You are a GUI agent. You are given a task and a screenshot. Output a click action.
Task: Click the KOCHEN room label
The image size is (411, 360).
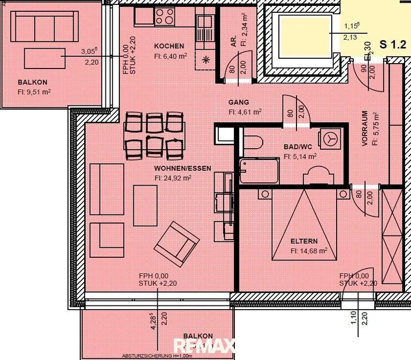tap(169, 46)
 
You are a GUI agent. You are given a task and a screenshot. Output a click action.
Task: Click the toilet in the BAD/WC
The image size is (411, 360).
tap(251, 143)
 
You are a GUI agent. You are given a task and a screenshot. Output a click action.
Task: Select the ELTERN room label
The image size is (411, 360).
tap(305, 241)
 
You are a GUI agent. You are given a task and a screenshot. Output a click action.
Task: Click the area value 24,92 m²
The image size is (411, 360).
tap(173, 178)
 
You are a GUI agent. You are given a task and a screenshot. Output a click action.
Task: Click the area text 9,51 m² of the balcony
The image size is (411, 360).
tap(35, 91)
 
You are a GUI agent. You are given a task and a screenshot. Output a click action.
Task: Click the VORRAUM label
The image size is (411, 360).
tap(365, 128)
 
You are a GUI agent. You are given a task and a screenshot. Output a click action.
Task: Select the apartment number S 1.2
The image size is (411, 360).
tap(392, 44)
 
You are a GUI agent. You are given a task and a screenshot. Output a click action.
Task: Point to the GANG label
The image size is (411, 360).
tap(239, 102)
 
